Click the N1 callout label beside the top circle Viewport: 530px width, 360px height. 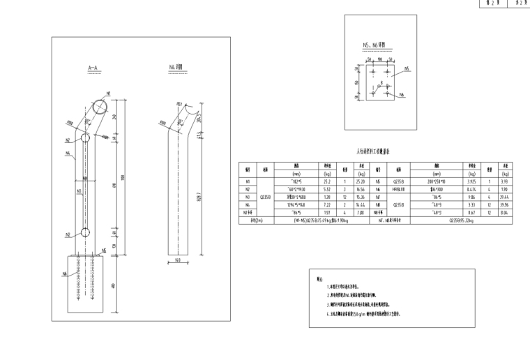tap(108, 93)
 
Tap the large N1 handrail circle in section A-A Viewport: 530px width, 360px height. tap(98, 107)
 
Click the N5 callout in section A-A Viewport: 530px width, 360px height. tap(105, 249)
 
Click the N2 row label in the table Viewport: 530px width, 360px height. tap(248, 188)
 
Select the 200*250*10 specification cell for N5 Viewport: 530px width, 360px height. tap(437, 180)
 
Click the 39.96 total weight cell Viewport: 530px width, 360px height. tap(506, 205)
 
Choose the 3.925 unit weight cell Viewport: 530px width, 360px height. tap(471, 180)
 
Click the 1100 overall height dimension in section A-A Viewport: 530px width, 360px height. tap(123, 176)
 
